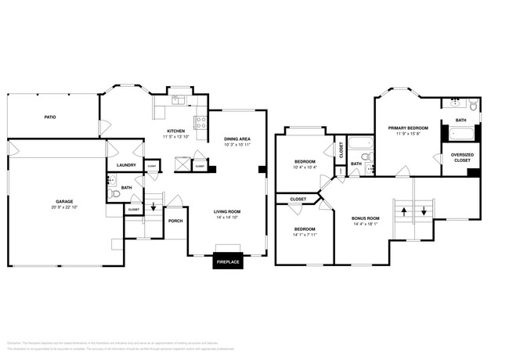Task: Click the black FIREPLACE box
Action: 228,261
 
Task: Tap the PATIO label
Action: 49,117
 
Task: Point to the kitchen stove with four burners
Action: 200,122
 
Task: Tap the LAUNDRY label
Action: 126,165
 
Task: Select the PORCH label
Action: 176,221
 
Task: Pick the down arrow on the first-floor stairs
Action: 153,207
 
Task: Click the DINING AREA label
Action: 236,139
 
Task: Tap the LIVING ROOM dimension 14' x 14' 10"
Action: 228,217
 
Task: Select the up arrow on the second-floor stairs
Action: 403,211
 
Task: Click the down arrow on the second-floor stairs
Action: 424,211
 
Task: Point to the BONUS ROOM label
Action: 366,218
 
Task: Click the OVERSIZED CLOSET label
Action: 461,157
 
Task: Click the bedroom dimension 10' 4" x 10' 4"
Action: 304,167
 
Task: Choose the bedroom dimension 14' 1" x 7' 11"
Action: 304,234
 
